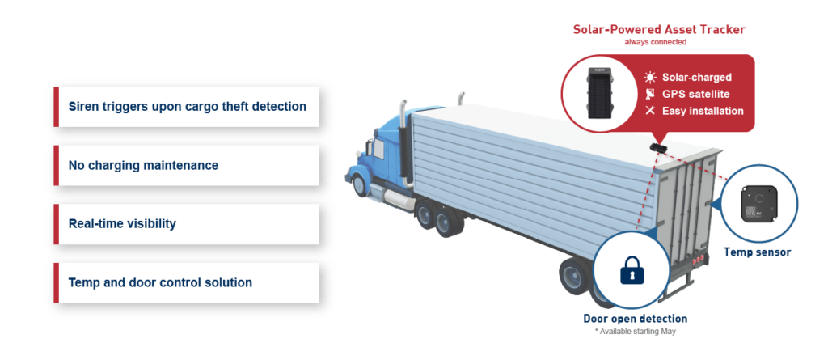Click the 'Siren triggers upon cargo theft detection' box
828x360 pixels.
(x=187, y=107)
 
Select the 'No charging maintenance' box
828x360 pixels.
(x=187, y=165)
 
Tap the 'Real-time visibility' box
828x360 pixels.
(x=187, y=223)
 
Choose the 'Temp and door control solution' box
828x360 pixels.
(x=187, y=282)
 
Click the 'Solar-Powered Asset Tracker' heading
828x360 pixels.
(x=659, y=29)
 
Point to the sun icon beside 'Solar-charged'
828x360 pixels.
(x=650, y=78)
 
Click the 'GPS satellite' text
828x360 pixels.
(x=696, y=94)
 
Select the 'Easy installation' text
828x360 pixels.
(x=703, y=111)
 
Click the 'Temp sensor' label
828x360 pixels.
(x=757, y=252)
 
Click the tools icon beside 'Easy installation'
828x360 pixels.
(x=650, y=111)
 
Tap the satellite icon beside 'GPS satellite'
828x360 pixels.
(x=650, y=94)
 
